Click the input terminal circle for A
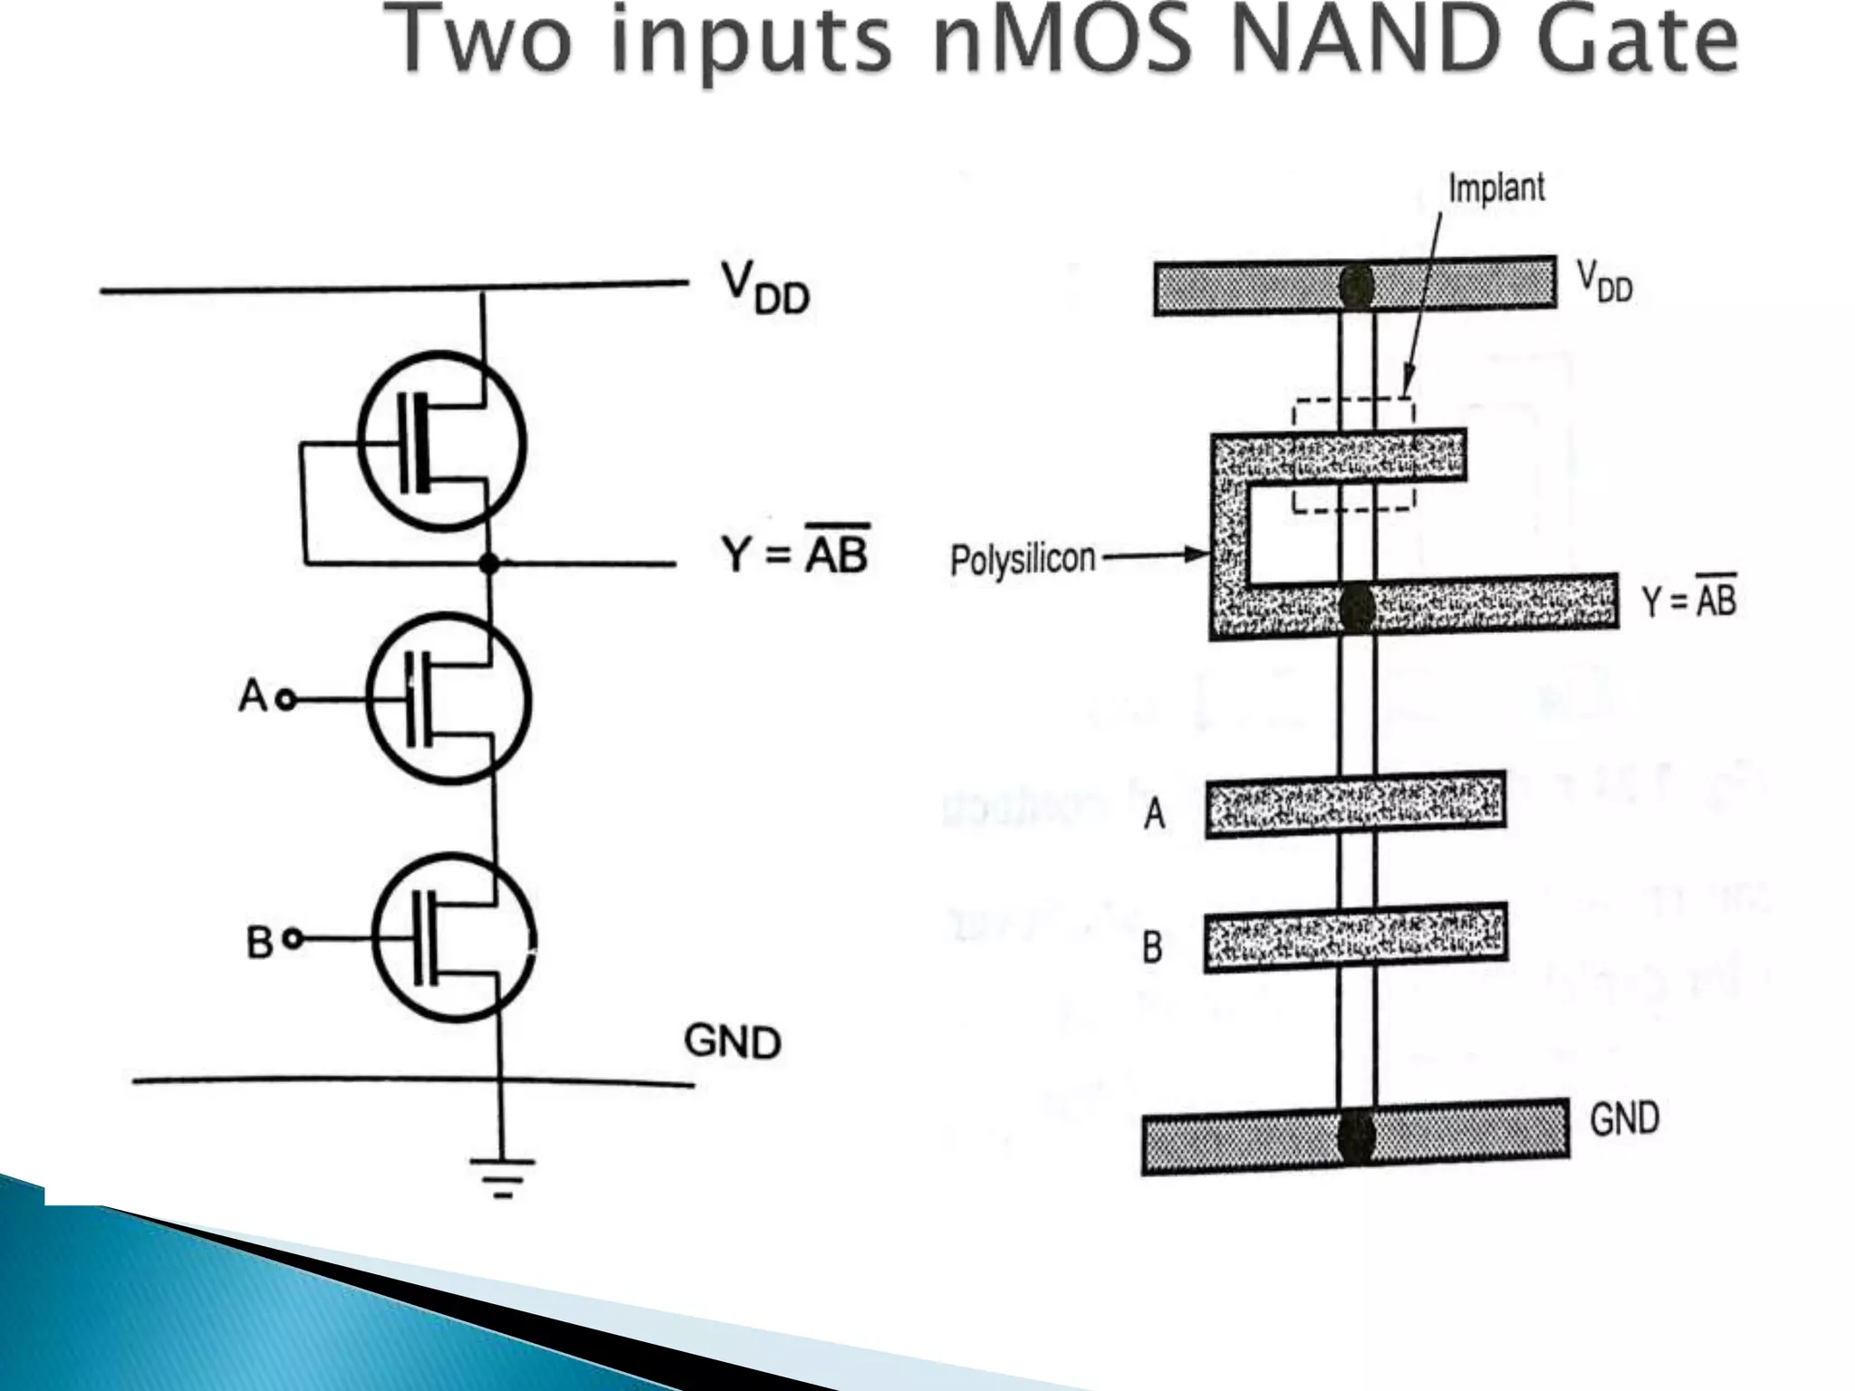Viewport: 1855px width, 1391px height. point(286,699)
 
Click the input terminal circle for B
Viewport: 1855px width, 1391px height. point(293,939)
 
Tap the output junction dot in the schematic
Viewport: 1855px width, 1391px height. point(489,563)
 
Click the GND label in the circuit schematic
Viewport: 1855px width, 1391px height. point(732,1041)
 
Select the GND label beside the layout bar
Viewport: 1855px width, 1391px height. point(1624,1118)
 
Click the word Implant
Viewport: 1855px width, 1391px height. point(1496,188)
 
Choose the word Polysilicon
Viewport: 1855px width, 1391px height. point(1023,559)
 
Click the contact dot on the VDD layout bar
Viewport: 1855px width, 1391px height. point(1356,287)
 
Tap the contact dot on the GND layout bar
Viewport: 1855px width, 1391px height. point(1356,1136)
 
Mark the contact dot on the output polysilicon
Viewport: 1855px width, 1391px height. point(1356,607)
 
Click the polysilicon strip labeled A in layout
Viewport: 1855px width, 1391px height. point(1355,804)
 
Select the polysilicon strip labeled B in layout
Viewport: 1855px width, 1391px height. point(1355,937)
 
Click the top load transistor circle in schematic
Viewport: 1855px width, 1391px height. point(441,441)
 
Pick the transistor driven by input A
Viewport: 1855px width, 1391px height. point(449,698)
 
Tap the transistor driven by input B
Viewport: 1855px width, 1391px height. point(454,937)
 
